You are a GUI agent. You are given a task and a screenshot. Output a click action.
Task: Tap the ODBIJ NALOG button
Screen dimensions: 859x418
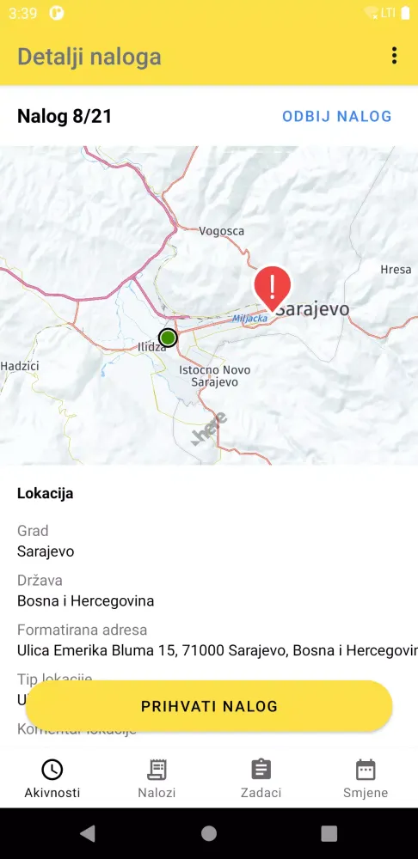point(336,116)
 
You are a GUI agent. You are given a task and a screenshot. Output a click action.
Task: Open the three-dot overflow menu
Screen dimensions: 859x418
point(394,57)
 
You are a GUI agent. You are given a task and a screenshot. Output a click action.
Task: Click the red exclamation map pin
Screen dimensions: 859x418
point(272,286)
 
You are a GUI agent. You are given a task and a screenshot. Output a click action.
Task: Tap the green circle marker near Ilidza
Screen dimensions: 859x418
point(168,338)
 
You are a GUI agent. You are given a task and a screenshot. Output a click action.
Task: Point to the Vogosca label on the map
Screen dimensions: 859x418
point(222,231)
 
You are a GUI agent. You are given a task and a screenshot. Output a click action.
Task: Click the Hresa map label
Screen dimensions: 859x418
point(396,270)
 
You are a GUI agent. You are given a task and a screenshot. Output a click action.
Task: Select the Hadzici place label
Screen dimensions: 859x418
point(20,365)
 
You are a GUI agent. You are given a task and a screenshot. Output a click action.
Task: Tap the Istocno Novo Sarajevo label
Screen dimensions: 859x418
point(214,375)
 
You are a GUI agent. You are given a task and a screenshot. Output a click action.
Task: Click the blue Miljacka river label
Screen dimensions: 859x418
point(250,319)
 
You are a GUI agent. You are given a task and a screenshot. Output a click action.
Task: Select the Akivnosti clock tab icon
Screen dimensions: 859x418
point(52,770)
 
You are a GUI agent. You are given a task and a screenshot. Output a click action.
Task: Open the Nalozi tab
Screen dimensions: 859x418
point(157,778)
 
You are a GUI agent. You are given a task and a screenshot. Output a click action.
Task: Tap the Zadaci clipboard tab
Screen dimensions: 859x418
point(261,778)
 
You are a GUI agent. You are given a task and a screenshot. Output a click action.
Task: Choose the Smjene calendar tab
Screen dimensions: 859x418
point(366,778)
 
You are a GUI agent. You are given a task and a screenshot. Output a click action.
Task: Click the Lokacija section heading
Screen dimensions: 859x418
point(45,493)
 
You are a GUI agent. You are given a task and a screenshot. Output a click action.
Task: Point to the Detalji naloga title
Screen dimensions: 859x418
point(89,57)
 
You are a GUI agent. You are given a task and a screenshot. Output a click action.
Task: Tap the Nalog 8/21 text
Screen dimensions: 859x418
point(65,116)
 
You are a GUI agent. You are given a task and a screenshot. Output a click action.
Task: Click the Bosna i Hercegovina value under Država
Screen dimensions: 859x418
point(85,600)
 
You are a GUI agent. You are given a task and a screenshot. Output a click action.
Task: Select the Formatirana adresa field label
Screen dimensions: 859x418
point(82,630)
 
